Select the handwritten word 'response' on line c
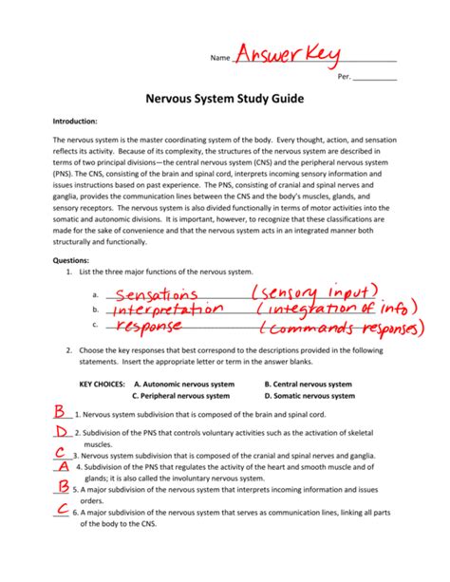point(150,329)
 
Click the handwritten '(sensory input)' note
point(318,290)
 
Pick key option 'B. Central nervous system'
point(309,385)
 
